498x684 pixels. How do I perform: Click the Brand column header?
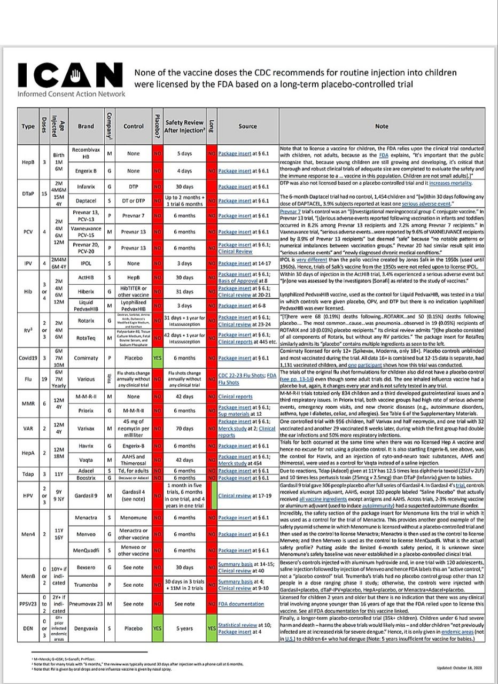click(x=85, y=127)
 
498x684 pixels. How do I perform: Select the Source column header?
click(x=247, y=127)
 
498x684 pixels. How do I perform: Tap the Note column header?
click(x=382, y=127)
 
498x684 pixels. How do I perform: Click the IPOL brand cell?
click(x=85, y=263)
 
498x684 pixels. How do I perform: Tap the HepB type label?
click(x=28, y=162)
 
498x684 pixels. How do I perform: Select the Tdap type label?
click(x=28, y=474)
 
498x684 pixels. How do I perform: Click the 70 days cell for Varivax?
click(x=185, y=428)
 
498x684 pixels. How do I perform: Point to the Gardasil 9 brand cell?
click(x=85, y=495)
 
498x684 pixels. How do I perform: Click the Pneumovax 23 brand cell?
click(x=85, y=604)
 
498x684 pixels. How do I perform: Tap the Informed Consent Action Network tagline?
click(x=71, y=94)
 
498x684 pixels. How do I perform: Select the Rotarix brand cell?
click(x=85, y=321)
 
